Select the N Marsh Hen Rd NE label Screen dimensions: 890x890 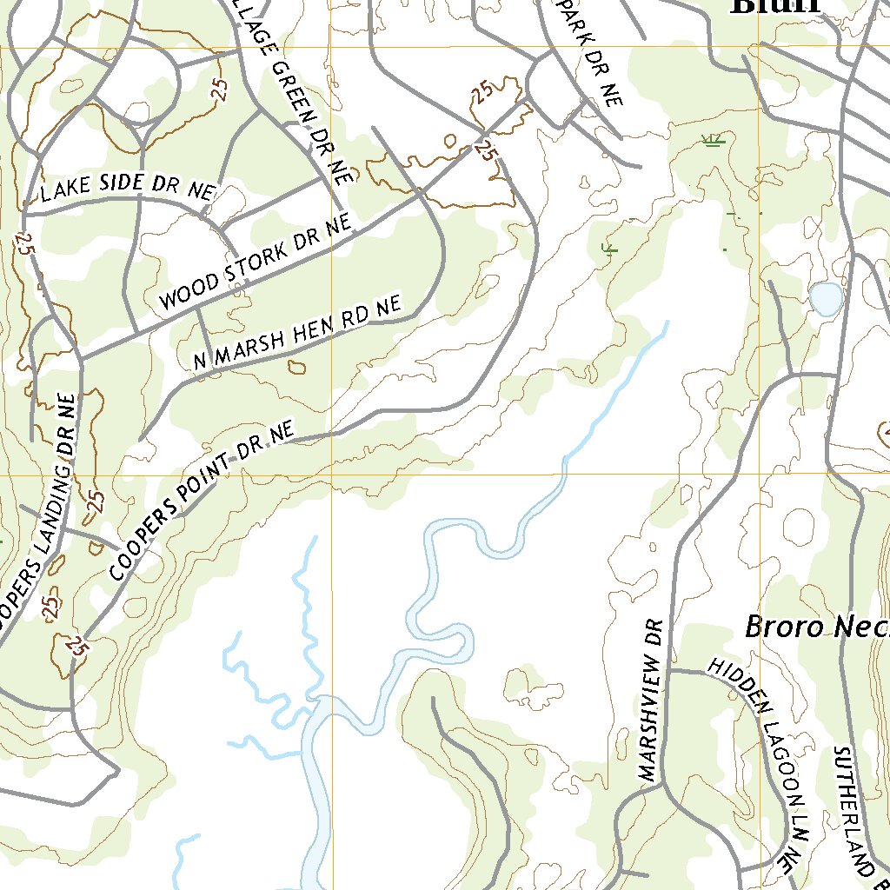click(296, 334)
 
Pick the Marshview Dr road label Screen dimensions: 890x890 click(650, 700)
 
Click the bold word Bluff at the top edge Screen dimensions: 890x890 click(776, 7)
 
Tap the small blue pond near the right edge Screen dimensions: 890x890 click(826, 299)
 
